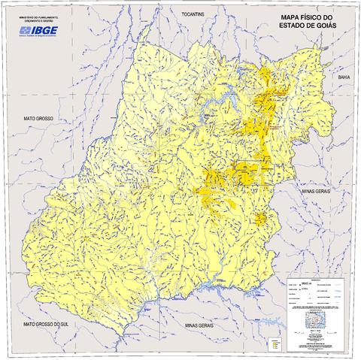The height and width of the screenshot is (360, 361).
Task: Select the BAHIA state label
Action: pos(344,77)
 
